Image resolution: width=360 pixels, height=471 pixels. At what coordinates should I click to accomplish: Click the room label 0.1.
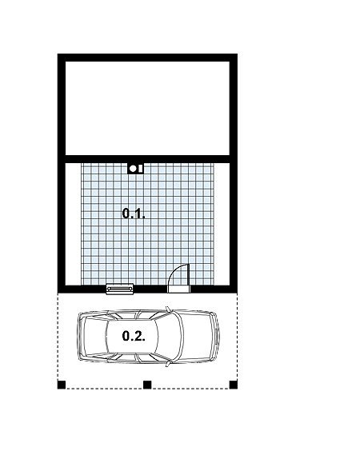pos(134,214)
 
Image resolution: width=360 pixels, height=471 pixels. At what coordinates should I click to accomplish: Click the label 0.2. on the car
pos(134,336)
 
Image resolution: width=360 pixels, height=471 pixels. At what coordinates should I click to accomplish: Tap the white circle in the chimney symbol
pos(133,169)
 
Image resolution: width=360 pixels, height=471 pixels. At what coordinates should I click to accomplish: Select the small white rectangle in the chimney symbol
pos(140,169)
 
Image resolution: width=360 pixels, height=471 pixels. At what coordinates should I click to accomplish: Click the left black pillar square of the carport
pos(62,385)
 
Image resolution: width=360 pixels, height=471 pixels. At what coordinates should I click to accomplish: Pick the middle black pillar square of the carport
pos(147,385)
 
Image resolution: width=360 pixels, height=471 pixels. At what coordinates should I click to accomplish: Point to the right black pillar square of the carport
pos(234,385)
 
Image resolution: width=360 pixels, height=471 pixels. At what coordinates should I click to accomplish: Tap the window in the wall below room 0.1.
pos(120,289)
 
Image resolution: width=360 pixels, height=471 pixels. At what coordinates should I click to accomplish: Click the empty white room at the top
pos(147,109)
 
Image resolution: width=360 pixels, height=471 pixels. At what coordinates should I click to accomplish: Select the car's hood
pos(197,336)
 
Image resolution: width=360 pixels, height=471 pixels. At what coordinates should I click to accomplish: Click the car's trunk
pos(93,336)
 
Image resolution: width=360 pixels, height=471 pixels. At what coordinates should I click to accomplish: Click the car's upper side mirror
pos(168,309)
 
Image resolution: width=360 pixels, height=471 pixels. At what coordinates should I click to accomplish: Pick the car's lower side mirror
pos(168,364)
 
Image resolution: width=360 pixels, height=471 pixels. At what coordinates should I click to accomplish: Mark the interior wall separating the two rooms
pos(147,159)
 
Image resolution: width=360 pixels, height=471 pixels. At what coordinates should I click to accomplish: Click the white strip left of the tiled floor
pos(74,224)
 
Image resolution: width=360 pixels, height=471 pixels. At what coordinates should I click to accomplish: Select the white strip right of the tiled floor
pos(222,224)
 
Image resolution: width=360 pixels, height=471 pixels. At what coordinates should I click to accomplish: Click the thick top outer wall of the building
pos(147,58)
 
